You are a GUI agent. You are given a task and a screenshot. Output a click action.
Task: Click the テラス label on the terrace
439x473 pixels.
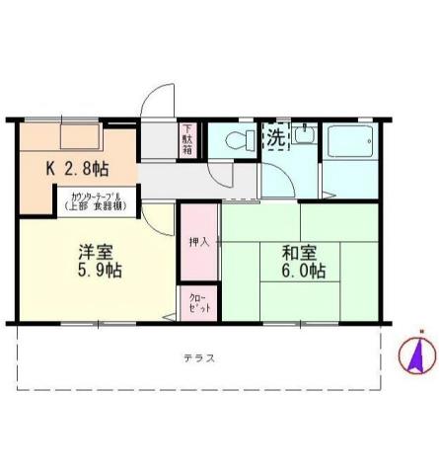click(198, 357)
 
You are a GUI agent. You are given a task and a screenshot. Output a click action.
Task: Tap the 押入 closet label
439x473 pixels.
click(198, 240)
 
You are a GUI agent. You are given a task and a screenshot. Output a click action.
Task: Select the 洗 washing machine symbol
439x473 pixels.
click(276, 139)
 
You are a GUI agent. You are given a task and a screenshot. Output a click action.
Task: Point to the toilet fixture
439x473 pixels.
click(237, 141)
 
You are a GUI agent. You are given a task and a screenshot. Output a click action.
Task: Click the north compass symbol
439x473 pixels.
click(415, 356)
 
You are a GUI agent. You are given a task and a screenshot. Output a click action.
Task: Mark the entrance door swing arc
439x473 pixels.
click(158, 102)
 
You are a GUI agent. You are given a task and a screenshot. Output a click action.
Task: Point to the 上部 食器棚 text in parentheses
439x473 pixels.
click(97, 206)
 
